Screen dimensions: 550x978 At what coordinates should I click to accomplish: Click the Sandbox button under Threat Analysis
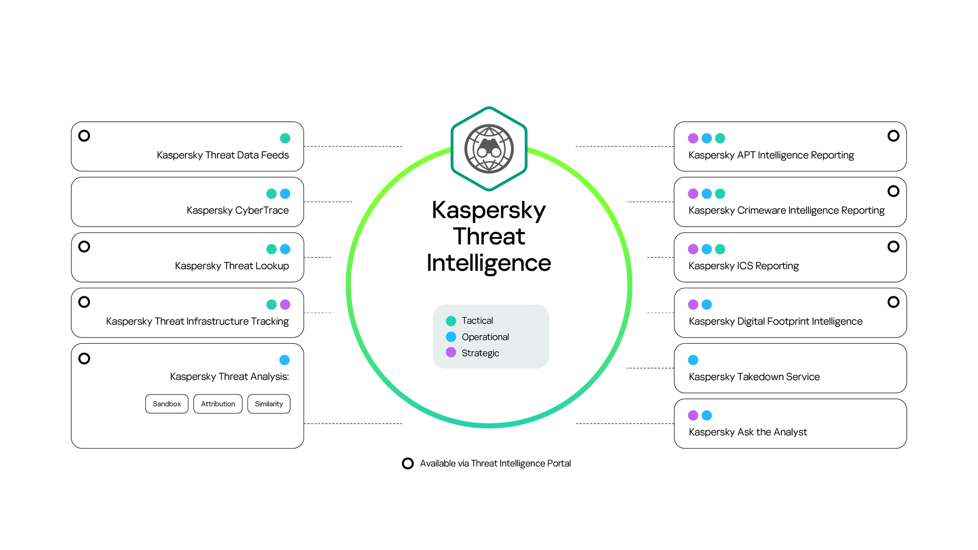tap(167, 404)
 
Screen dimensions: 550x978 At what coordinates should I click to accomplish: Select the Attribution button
tap(218, 404)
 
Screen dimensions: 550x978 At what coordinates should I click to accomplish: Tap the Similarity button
tap(269, 404)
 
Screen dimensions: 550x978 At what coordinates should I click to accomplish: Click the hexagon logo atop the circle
tap(489, 148)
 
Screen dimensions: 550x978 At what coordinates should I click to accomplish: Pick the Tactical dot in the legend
tap(451, 321)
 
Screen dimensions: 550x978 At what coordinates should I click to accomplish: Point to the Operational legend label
tap(485, 337)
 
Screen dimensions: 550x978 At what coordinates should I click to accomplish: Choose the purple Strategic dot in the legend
tap(451, 352)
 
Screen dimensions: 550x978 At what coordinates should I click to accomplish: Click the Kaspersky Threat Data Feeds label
tap(223, 155)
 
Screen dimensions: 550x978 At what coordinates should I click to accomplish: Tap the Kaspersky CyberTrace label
tap(237, 210)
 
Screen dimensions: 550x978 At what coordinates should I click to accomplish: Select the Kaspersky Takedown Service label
tap(754, 377)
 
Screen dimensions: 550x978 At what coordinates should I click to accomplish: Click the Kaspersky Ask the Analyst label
tap(747, 432)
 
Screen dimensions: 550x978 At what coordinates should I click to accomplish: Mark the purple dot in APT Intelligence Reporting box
tap(693, 139)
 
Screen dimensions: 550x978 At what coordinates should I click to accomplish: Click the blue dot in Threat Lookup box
tap(285, 249)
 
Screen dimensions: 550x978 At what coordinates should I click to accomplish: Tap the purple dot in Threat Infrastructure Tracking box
tap(285, 305)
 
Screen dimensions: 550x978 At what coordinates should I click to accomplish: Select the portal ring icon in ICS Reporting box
tap(893, 246)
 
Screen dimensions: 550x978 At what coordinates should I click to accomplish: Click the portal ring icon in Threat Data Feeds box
tap(84, 136)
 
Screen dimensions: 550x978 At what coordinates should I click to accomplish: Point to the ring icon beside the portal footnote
tap(407, 463)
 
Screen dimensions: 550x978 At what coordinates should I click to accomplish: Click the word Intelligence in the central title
tap(489, 263)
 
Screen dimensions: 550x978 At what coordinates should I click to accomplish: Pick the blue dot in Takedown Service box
tap(693, 360)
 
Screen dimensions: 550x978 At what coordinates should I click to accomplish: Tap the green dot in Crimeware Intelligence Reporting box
tap(720, 194)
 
